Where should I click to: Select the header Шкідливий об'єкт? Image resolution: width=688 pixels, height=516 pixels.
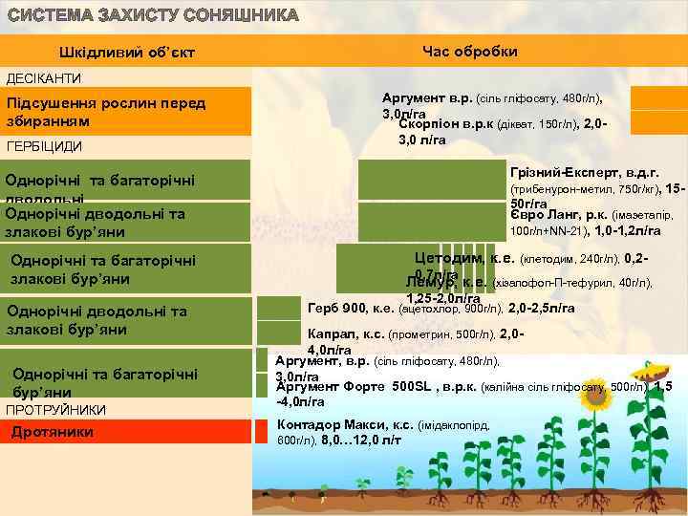[126, 51]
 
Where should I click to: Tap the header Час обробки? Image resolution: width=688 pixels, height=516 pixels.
[469, 51]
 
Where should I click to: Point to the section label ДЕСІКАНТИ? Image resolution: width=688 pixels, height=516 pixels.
[45, 77]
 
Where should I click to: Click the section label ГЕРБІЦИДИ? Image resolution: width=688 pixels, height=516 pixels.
[44, 146]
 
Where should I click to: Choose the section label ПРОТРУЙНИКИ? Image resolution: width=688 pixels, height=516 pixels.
[55, 410]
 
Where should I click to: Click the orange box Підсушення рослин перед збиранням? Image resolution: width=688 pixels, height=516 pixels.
[126, 112]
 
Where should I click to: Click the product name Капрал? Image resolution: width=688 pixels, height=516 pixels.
[333, 334]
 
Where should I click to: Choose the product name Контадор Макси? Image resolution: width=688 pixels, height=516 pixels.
[331, 424]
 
